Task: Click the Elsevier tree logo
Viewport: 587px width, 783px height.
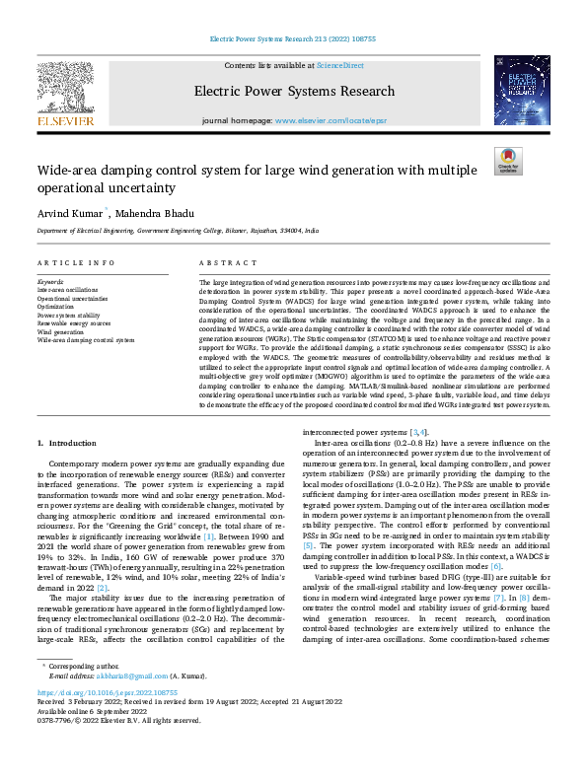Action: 65,92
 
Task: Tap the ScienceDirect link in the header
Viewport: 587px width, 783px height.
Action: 339,64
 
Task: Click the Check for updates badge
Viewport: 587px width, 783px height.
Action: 508,162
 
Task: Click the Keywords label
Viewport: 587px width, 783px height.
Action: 51,282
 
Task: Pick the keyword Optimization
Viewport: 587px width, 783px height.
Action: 56,307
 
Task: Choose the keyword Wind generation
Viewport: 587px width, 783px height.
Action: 61,331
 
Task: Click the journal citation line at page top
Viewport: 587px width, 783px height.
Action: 293,39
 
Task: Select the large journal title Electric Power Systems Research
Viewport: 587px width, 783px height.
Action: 294,92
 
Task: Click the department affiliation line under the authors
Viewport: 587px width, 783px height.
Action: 178,230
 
